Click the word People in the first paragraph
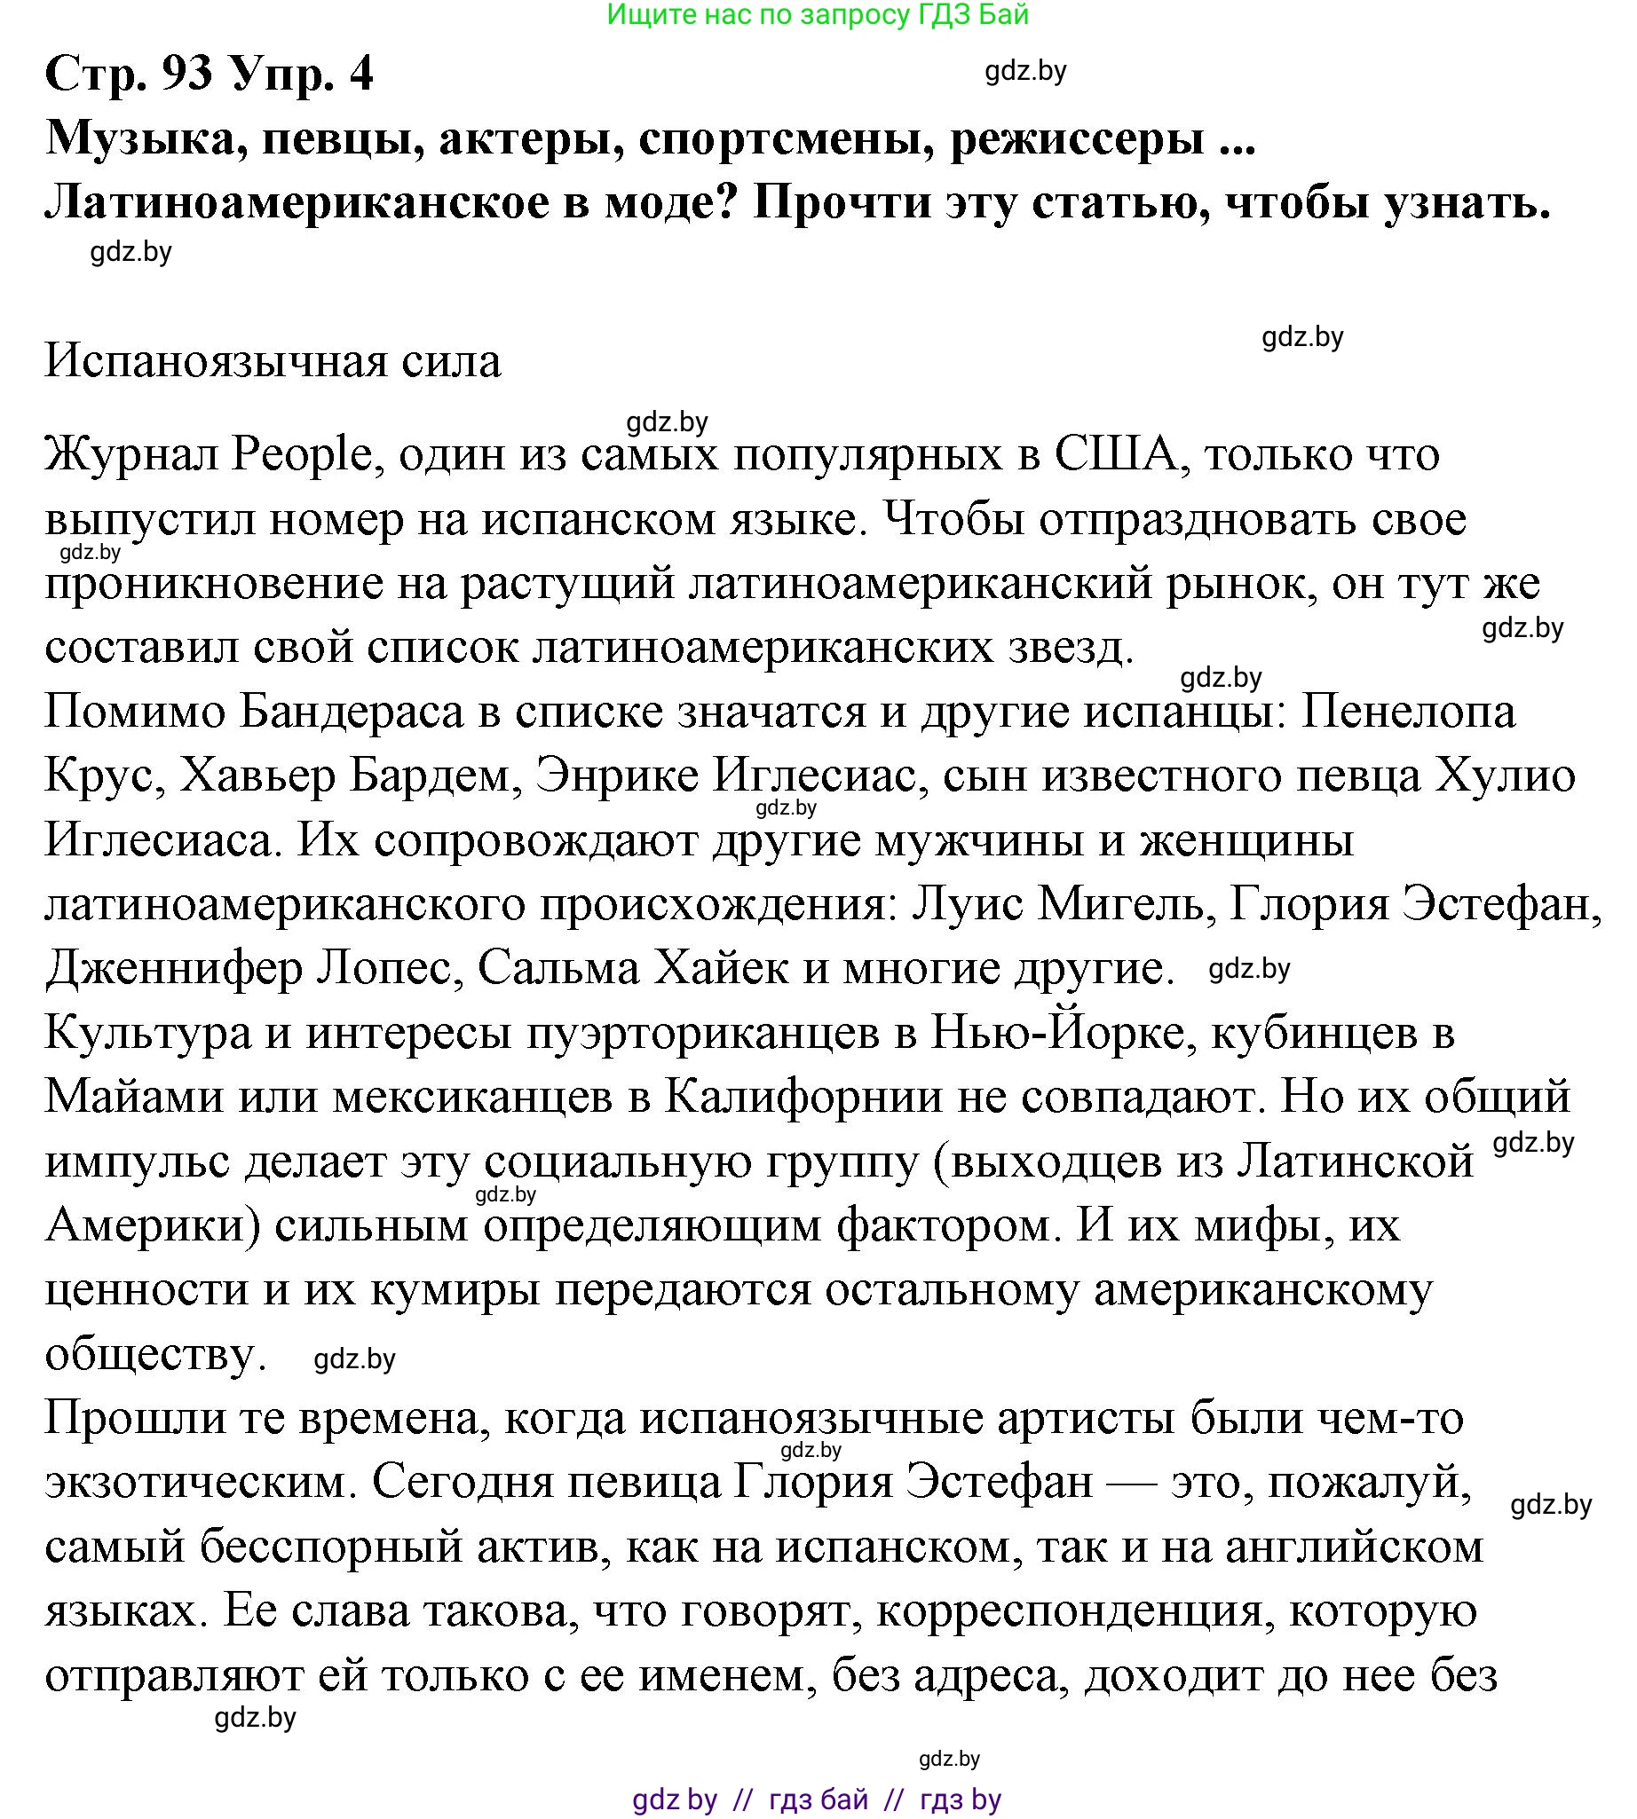301,454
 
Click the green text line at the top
818,14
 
